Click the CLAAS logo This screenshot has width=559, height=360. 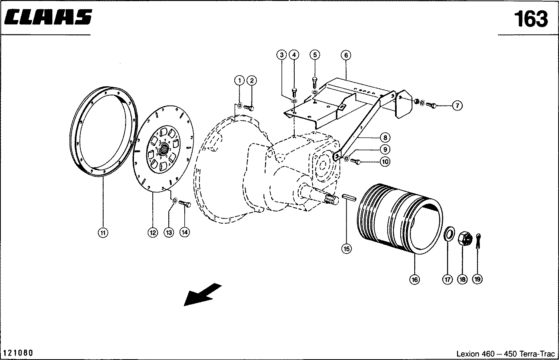pyautogui.click(x=49, y=17)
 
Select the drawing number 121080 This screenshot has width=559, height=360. pyautogui.click(x=18, y=353)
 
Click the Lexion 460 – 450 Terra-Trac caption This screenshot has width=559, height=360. pyautogui.click(x=505, y=354)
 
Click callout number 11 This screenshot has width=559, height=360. pyautogui.click(x=103, y=232)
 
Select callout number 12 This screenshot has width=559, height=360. pyautogui.click(x=153, y=232)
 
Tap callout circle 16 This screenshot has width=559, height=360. pyautogui.click(x=415, y=279)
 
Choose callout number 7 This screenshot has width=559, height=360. pyautogui.click(x=457, y=106)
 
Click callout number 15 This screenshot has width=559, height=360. pyautogui.click(x=346, y=248)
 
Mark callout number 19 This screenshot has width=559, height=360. pyautogui.click(x=477, y=279)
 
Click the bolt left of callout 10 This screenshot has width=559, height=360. pyautogui.click(x=355, y=162)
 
